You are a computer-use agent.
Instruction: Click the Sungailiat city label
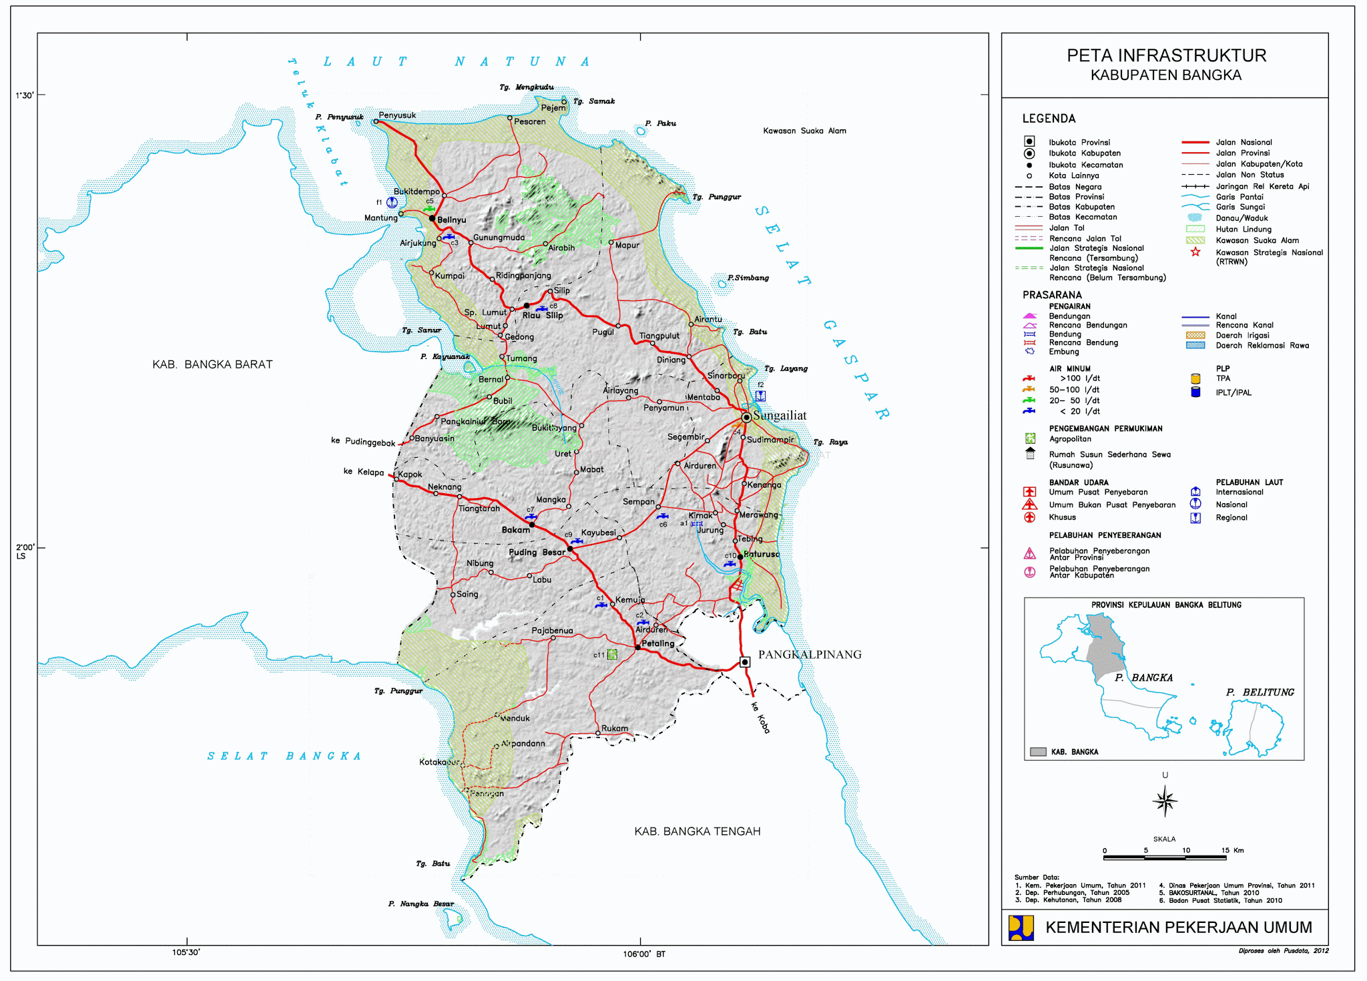780,416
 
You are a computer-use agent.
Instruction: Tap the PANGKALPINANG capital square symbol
745,662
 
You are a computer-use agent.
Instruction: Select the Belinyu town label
451,220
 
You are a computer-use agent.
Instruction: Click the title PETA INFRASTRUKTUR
1166,55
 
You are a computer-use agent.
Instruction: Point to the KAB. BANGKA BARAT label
212,364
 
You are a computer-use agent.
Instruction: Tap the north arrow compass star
1165,801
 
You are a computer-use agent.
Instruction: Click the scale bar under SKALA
1165,857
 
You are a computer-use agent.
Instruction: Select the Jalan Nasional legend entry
1244,142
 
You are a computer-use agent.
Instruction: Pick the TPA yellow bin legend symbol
1195,378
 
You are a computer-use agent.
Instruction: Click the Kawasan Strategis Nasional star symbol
1195,252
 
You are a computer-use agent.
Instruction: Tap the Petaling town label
657,643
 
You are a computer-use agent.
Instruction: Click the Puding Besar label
537,552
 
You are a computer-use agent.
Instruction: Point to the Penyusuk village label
397,115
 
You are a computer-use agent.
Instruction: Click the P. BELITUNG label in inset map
1260,692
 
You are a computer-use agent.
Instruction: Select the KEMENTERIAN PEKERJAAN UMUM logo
1021,928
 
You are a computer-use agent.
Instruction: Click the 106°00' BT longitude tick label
643,954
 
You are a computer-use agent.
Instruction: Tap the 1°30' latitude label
25,95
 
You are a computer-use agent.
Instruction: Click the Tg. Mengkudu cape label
527,87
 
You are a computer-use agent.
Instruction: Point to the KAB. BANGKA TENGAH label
697,832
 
